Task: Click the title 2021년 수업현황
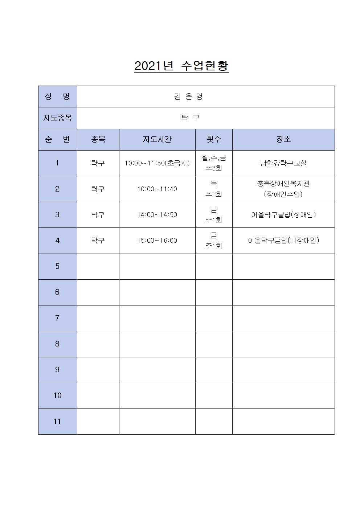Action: click(181, 66)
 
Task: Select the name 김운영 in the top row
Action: click(188, 97)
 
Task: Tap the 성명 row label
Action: click(57, 97)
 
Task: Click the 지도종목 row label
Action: click(57, 118)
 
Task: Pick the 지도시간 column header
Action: click(157, 139)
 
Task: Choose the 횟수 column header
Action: click(214, 139)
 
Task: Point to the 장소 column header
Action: click(283, 139)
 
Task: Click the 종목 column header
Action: click(98, 139)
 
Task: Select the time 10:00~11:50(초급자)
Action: click(157, 163)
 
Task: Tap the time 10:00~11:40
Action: click(157, 189)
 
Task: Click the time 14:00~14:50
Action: click(157, 215)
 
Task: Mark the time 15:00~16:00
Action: click(157, 241)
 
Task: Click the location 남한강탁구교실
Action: click(283, 163)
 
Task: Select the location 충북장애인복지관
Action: click(283, 184)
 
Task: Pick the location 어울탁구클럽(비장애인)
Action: click(283, 241)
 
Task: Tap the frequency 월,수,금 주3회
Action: click(214, 163)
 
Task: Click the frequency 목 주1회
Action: click(214, 189)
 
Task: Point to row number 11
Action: click(57, 422)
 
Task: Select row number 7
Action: click(57, 318)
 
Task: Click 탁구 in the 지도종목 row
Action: click(191, 118)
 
